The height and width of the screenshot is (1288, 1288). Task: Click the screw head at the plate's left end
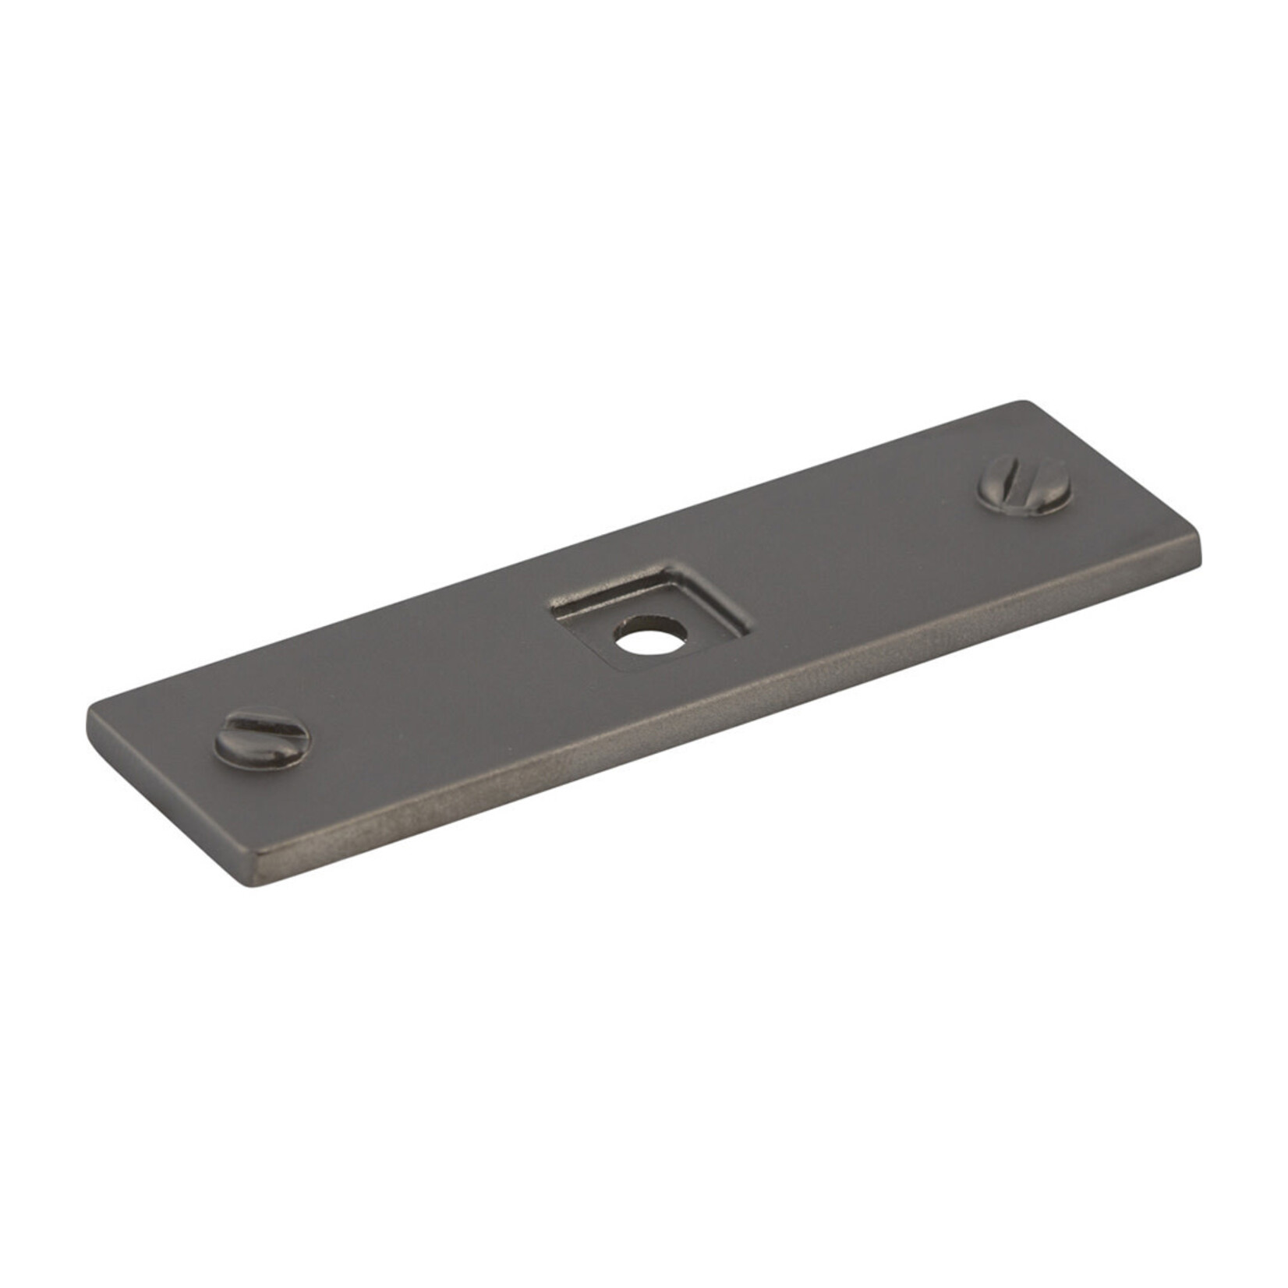(x=262, y=736)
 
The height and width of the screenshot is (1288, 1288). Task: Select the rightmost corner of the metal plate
(x=1201, y=559)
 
